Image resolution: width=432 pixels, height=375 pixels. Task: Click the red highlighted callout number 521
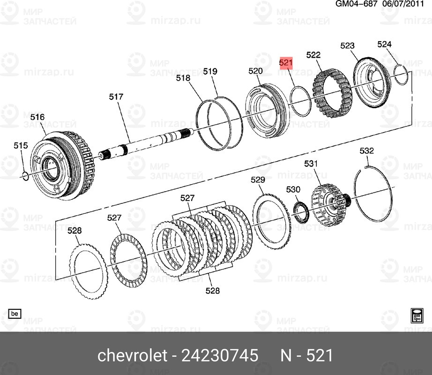[286, 63]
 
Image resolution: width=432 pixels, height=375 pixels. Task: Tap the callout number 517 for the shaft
[116, 97]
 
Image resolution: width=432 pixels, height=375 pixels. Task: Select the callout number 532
[366, 151]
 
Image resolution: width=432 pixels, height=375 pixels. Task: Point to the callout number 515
[21, 146]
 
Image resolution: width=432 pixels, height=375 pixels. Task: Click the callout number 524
[384, 45]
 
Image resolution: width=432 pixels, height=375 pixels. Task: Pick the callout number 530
[293, 189]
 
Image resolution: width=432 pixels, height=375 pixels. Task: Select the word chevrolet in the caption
[132, 356]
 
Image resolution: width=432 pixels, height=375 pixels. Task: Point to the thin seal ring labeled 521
[299, 100]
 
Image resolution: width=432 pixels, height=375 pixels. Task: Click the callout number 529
[258, 180]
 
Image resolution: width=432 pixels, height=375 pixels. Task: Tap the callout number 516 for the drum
[37, 117]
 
